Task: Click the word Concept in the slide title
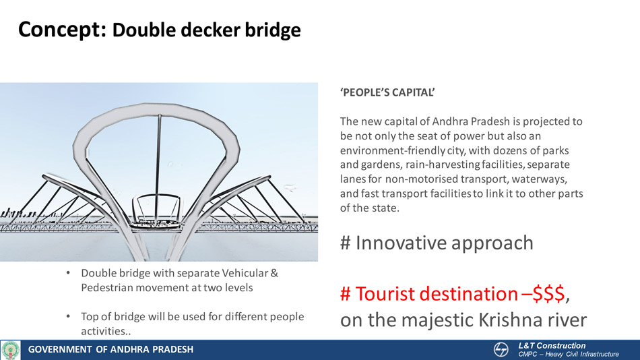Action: (62, 30)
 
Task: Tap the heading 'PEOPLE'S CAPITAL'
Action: (387, 92)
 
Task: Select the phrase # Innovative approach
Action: (437, 243)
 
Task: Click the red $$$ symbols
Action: (548, 294)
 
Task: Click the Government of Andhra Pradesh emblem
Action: (11, 350)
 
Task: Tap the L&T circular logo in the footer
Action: (501, 350)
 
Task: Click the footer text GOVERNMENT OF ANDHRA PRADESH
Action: (110, 350)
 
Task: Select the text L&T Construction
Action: (552, 346)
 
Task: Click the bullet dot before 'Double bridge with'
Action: (68, 272)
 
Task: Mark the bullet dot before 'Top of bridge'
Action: (68, 316)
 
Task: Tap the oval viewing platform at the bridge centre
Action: (156, 224)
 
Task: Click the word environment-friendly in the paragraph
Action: (393, 150)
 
